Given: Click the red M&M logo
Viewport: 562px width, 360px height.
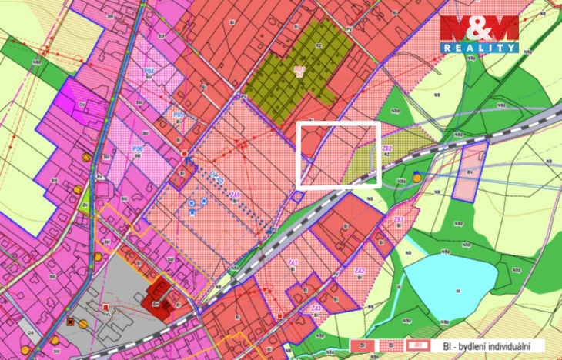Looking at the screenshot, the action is [479, 29].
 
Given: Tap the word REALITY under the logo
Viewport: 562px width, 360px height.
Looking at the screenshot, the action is [479, 48].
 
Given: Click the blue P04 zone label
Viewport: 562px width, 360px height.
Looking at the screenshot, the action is [149, 71].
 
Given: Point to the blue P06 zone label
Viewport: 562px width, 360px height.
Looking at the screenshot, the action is [137, 149].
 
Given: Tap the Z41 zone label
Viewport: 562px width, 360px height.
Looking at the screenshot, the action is [293, 262].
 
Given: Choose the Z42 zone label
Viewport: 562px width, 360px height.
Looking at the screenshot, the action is [359, 271].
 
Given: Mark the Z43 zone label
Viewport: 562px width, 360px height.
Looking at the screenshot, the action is [316, 308].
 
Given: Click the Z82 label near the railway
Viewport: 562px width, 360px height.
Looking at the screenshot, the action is [387, 148].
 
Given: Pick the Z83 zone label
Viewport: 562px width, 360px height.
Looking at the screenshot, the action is [399, 220].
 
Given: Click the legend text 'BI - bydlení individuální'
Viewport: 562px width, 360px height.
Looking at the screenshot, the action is [497, 346].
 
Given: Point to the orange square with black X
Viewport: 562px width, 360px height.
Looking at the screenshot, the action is [70, 322].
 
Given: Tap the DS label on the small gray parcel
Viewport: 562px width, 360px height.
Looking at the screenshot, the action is [31, 332].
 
